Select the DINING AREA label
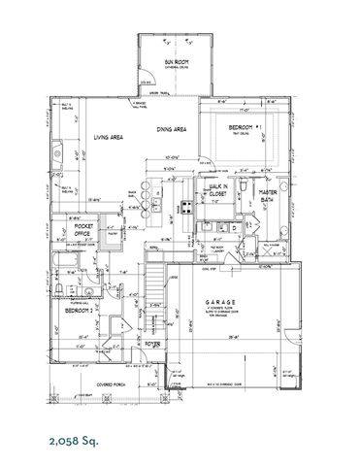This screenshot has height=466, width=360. (171, 128)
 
